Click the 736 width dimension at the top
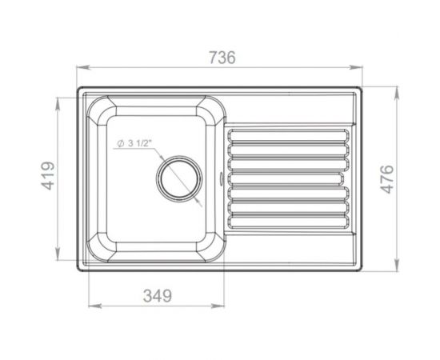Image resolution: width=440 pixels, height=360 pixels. [221, 58]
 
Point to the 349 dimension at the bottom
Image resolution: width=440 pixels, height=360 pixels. [157, 295]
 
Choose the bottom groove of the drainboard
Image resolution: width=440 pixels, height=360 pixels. [290, 220]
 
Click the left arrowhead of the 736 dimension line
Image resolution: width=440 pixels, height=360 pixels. [80, 68]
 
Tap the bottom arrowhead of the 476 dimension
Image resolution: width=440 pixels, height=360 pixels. [398, 270]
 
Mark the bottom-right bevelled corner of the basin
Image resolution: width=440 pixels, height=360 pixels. [211, 242]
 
